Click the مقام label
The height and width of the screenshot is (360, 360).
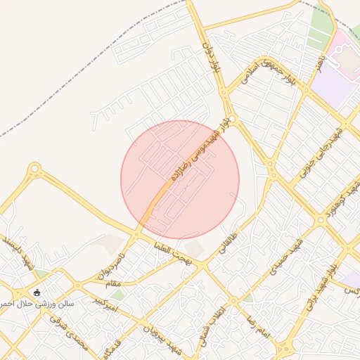click(112, 282)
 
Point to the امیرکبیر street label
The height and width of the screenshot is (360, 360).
click(105, 304)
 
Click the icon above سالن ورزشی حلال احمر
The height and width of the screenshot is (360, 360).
click(37, 292)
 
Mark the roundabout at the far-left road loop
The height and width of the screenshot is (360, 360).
click(34, 169)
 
